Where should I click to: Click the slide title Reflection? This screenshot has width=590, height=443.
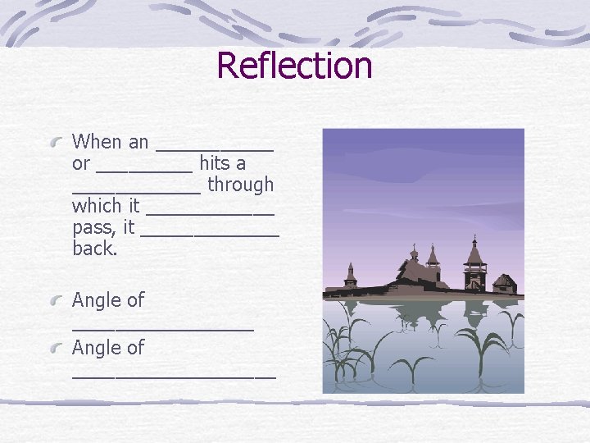tap(295, 66)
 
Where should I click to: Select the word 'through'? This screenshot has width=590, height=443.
tap(241, 185)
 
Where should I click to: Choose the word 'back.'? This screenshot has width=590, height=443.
tap(95, 249)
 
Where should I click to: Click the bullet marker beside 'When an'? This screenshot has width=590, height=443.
tap(57, 143)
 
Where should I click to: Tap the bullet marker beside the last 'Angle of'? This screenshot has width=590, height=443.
tap(57, 349)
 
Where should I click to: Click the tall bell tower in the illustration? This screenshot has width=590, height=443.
tap(474, 263)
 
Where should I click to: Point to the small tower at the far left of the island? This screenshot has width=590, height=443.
tap(351, 275)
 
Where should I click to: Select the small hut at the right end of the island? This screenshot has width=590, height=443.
tap(505, 284)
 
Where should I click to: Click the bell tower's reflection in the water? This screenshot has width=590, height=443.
tap(474, 316)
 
